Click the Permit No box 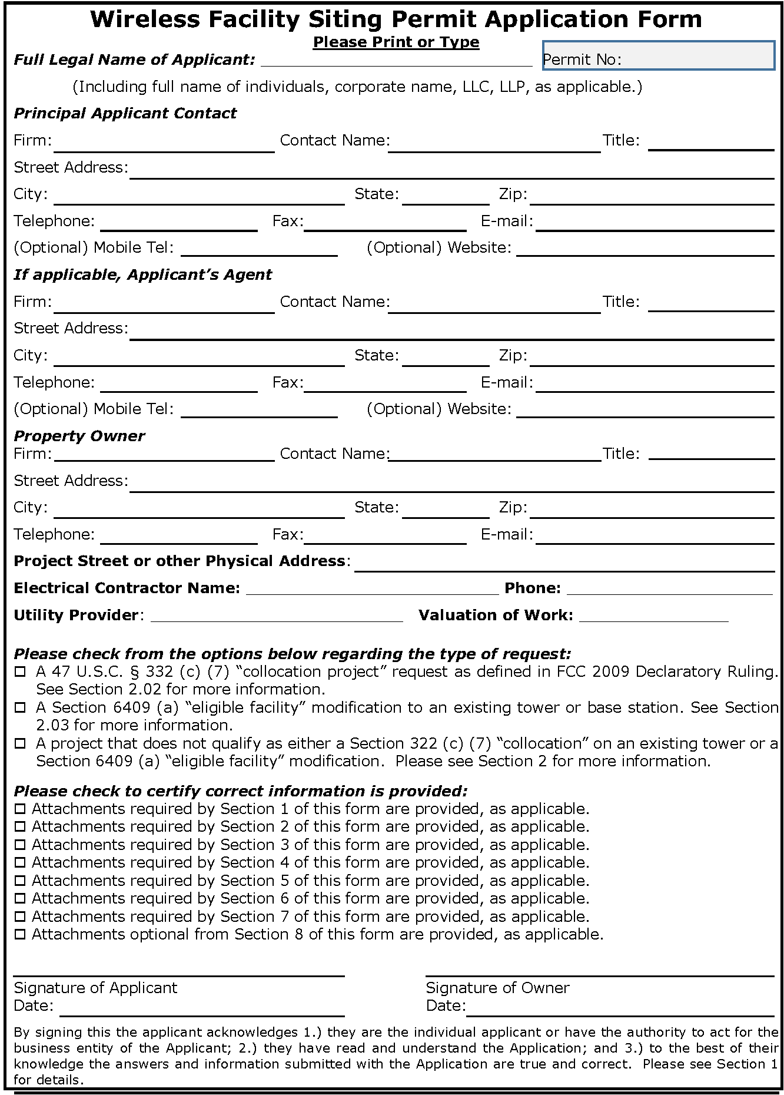coord(657,57)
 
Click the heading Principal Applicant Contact coord(125,113)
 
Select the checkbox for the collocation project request coord(21,671)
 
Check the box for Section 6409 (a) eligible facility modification coord(21,707)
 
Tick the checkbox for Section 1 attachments coord(21,809)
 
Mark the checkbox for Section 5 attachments coord(21,881)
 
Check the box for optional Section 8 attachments coord(21,935)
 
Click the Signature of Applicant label coord(95,988)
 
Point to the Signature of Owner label coord(497,988)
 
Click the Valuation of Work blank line coord(653,616)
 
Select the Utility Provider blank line coord(277,616)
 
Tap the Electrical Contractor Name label coord(127,588)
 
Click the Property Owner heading coord(79,436)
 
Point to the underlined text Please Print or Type coord(396,42)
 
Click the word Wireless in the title coord(145,20)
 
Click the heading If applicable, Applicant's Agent coord(142,274)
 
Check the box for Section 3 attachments coord(21,845)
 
